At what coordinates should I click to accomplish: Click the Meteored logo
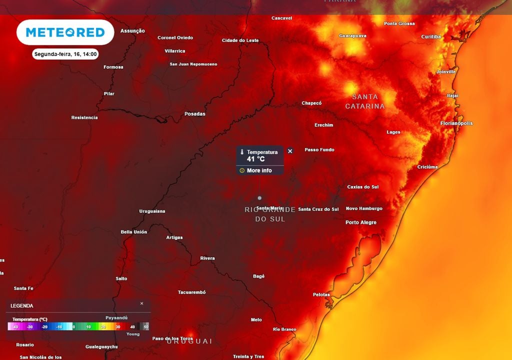[65, 32]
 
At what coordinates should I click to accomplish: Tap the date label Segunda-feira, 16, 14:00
[65, 54]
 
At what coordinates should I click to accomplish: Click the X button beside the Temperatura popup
[290, 151]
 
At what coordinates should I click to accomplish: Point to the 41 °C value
[255, 159]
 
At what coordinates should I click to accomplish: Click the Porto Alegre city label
[361, 222]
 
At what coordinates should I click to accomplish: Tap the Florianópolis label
[456, 123]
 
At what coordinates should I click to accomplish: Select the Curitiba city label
[431, 37]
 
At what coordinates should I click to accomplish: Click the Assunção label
[132, 31]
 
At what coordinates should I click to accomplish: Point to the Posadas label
[195, 114]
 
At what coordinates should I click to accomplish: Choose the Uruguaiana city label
[152, 211]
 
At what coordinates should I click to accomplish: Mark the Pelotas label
[321, 294]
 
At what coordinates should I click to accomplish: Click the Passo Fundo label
[319, 150]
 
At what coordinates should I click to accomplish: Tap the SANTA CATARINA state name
[365, 101]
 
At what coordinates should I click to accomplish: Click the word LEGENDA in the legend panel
[22, 305]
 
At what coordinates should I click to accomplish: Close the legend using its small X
[141, 303]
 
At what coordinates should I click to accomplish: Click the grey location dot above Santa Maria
[259, 198]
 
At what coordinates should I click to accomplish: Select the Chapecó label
[311, 103]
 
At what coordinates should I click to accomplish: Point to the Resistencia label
[84, 118]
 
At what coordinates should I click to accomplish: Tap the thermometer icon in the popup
[241, 152]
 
